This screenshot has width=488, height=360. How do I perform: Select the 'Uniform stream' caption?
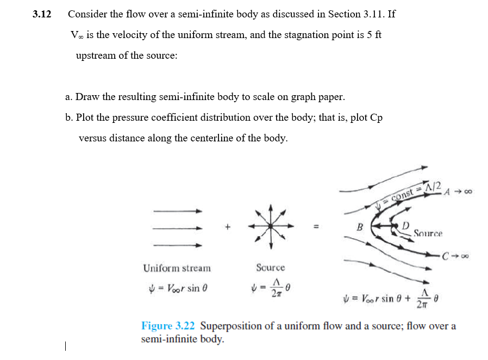177,268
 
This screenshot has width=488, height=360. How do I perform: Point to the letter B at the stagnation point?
359,227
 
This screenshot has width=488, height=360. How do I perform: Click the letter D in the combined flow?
405,225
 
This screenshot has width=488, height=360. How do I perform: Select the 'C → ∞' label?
456,255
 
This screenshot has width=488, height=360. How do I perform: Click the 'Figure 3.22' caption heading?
168,326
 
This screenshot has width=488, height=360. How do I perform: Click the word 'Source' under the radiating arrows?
270,268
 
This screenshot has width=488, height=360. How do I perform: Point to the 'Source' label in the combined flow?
428,234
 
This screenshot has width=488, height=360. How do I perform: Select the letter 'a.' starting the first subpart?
69,97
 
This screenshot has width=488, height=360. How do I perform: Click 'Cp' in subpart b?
376,117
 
